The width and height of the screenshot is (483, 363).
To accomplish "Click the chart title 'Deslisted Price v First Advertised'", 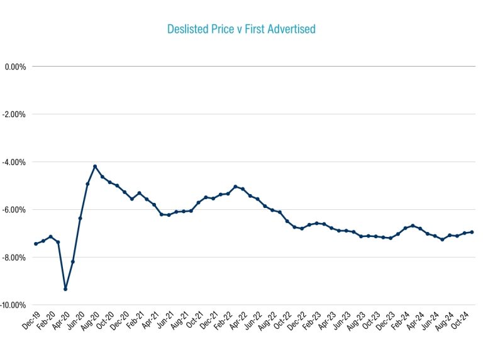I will click(x=241, y=29).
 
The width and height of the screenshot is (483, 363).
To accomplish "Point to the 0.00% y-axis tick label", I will click(x=15, y=66).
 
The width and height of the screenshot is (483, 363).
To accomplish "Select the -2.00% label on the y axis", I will click(x=14, y=114).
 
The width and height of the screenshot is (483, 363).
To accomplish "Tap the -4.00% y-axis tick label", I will click(x=14, y=162).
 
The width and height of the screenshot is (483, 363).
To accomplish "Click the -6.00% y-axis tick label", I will click(x=14, y=210).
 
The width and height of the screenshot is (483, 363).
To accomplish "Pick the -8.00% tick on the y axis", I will click(x=14, y=257).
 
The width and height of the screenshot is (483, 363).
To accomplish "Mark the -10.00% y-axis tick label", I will click(x=13, y=305).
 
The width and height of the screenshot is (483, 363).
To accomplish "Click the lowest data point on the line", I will click(x=65, y=289).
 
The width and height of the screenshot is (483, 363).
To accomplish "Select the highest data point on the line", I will click(x=95, y=166).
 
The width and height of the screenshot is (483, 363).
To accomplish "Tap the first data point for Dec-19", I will click(x=36, y=244).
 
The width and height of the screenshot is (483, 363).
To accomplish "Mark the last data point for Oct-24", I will click(x=472, y=232).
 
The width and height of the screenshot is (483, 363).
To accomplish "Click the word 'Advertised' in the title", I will click(x=292, y=29).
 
